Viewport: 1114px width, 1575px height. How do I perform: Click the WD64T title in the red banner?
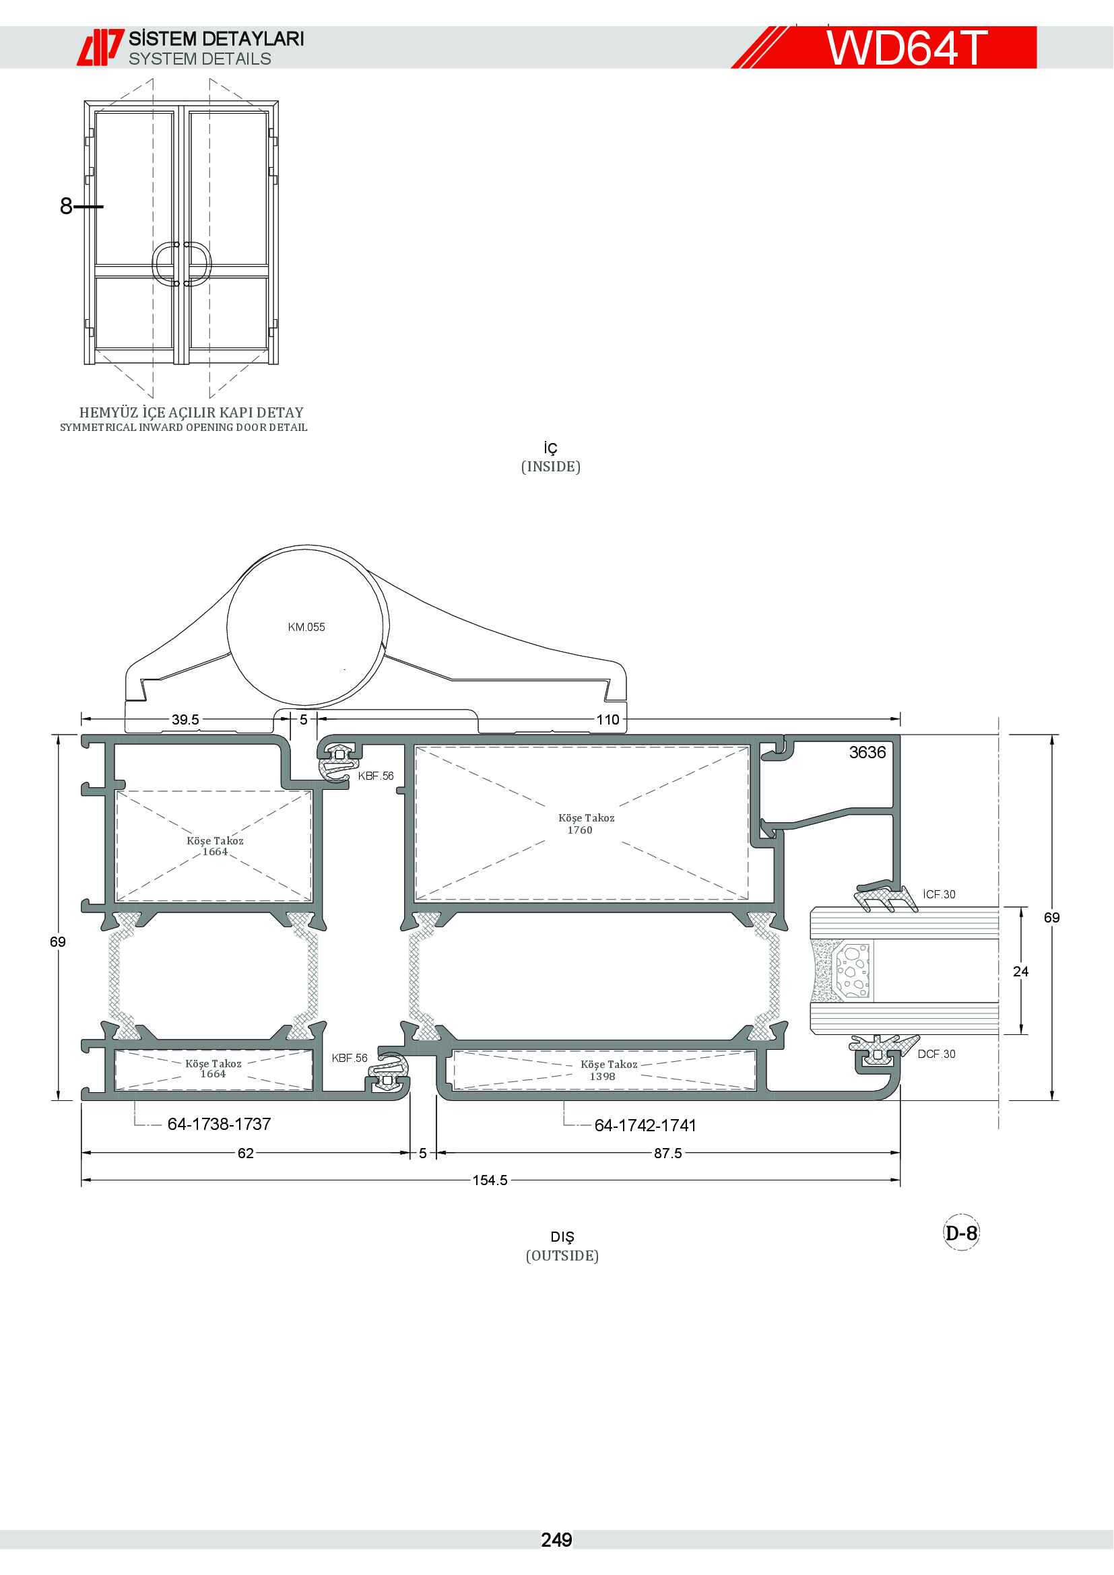906,48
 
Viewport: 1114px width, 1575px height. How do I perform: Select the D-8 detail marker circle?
961,1233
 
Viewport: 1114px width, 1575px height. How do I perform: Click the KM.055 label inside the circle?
306,627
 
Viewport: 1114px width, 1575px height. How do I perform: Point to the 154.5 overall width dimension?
490,1180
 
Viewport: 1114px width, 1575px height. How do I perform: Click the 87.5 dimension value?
667,1153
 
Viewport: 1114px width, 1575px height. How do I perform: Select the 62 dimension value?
246,1153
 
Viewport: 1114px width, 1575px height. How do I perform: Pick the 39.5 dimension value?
185,720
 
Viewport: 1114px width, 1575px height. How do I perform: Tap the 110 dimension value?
608,720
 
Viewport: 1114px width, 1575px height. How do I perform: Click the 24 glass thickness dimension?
1020,972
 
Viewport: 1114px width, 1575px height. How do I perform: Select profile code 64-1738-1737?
220,1125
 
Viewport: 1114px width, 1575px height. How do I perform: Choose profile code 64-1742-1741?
645,1126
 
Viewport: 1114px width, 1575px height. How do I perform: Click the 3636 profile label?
867,753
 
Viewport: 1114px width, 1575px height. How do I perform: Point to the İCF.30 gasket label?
939,894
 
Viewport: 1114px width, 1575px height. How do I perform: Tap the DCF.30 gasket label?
936,1054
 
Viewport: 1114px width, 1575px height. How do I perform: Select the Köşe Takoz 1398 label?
609,1070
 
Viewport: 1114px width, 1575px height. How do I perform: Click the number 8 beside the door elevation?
66,206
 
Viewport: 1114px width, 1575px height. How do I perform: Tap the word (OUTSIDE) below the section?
562,1255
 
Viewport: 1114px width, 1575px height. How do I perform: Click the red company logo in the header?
100,47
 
